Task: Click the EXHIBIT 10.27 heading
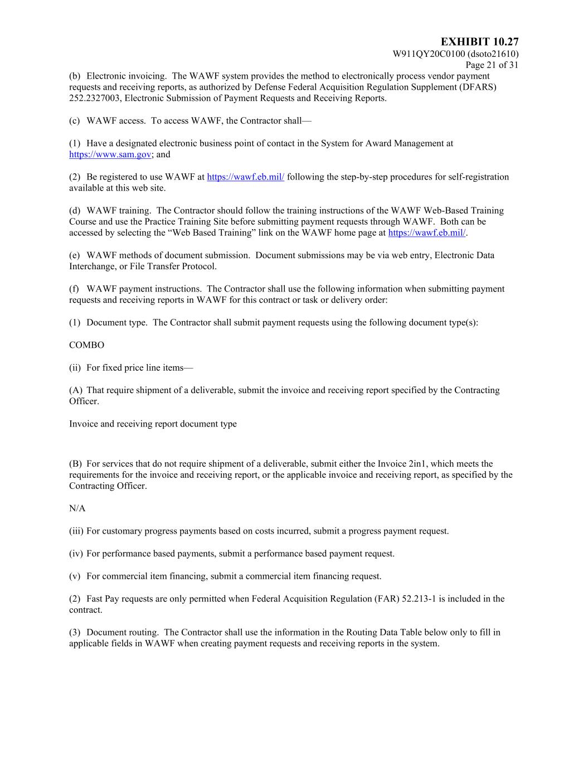point(479,42)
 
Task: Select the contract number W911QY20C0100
point(429,54)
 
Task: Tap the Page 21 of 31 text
point(492,65)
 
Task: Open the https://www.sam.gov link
point(110,154)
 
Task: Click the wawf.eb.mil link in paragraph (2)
point(245,177)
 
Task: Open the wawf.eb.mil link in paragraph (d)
point(426,233)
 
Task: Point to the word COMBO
point(86,345)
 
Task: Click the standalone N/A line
point(77,508)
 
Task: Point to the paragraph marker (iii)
point(76,531)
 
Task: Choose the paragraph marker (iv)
point(76,554)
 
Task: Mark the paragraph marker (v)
point(75,576)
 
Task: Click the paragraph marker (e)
point(75,255)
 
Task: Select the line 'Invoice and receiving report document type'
point(153,424)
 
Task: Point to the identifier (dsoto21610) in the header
point(493,54)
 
